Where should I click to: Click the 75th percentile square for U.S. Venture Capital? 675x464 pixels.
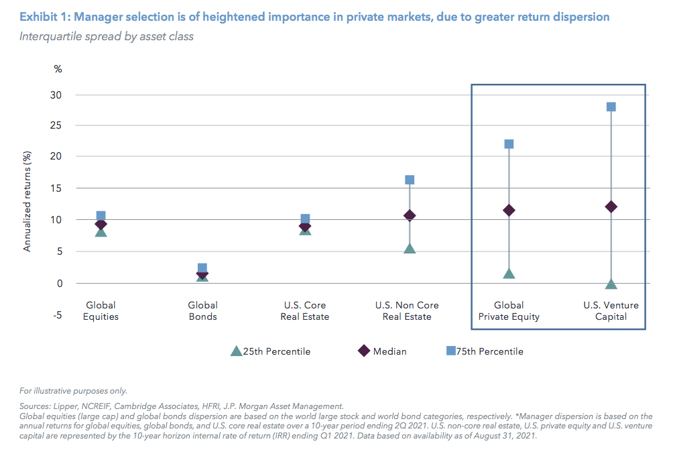[611, 107]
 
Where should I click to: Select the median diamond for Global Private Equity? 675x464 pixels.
[509, 211]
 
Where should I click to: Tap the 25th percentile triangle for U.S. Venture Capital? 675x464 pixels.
[611, 284]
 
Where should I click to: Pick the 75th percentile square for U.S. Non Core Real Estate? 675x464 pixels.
[410, 180]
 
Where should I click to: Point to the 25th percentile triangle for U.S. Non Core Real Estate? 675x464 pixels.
[410, 248]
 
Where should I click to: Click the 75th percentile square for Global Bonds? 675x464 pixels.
[202, 268]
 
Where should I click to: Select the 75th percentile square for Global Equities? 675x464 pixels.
[101, 216]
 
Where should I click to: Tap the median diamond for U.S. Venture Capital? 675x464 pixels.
[611, 207]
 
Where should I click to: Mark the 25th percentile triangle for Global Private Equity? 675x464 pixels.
[509, 274]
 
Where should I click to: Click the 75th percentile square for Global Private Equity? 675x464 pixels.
[509, 144]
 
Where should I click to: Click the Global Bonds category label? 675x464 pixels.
[202, 311]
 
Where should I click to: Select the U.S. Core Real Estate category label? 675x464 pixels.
[305, 311]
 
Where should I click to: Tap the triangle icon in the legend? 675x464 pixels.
[235, 351]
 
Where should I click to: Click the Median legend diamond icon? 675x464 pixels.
[363, 351]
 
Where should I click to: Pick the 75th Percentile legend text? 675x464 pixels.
[490, 351]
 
